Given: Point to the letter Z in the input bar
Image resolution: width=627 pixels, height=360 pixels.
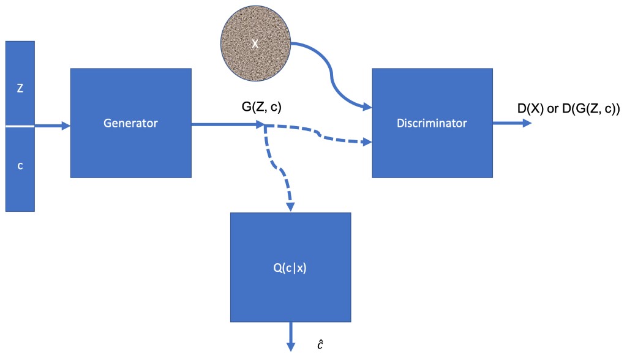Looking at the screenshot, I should tap(20, 88).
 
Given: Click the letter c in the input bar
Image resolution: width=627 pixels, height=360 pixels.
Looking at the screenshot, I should tap(20, 166).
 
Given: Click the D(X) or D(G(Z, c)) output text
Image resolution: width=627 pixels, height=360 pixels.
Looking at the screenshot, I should tap(569, 110).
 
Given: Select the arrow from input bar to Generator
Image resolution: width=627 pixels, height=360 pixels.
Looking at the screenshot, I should tap(53, 126).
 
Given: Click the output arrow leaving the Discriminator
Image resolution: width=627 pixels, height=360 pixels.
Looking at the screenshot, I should tap(512, 123).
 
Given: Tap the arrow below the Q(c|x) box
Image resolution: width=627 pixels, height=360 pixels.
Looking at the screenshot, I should tap(290, 338).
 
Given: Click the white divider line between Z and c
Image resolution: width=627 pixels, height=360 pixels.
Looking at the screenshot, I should tap(20, 127).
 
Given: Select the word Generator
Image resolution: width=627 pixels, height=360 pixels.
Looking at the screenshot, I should tap(130, 123).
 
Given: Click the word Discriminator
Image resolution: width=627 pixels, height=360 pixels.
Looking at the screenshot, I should tap(432, 123).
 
